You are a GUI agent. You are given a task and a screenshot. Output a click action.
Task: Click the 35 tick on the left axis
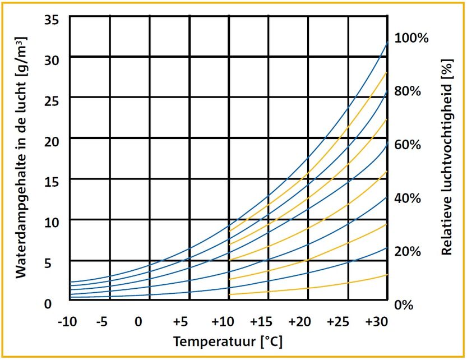click(x=52, y=19)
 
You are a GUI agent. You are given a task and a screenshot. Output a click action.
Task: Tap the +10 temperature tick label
click(x=222, y=322)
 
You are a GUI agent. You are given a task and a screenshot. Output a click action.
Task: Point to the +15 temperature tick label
click(x=261, y=322)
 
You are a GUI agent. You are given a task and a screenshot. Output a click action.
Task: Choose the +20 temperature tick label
click(x=299, y=322)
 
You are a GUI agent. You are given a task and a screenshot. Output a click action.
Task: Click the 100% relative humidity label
click(x=411, y=38)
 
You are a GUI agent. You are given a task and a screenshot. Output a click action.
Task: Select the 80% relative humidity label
click(x=408, y=91)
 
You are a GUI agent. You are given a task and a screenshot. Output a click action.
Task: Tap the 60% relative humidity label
click(x=408, y=145)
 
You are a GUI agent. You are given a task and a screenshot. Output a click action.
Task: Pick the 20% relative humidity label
click(x=408, y=251)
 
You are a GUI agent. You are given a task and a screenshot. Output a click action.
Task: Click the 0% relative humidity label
click(x=405, y=304)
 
